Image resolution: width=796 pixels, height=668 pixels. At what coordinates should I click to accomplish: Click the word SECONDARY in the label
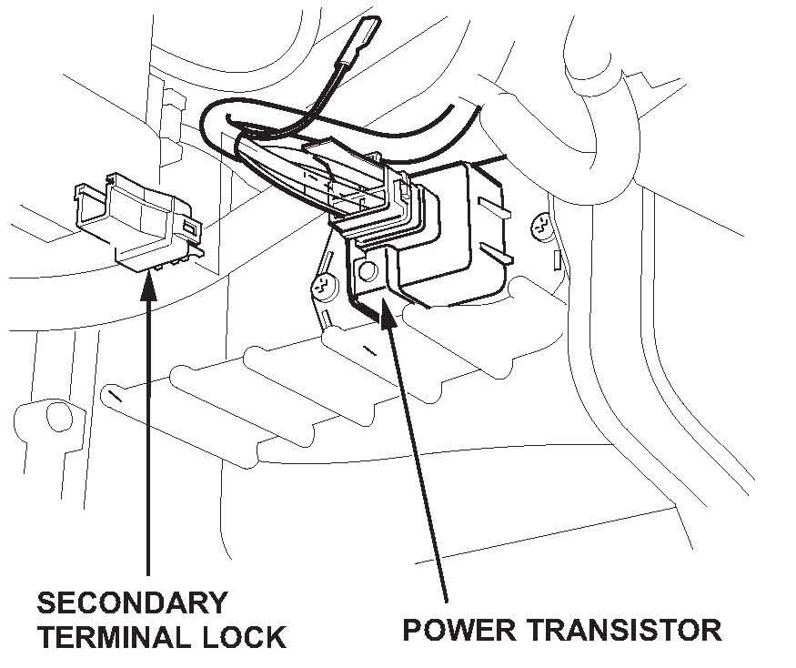tap(131, 603)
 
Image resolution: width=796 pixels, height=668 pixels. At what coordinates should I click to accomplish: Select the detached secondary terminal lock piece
tap(136, 218)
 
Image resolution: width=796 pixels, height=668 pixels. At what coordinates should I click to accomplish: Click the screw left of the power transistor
tap(321, 288)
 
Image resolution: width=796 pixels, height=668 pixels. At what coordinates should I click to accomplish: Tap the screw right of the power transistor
tap(542, 224)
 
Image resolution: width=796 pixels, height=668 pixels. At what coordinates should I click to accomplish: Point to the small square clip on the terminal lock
tap(188, 225)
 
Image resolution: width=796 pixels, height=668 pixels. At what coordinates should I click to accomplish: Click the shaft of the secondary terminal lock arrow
tap(148, 437)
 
